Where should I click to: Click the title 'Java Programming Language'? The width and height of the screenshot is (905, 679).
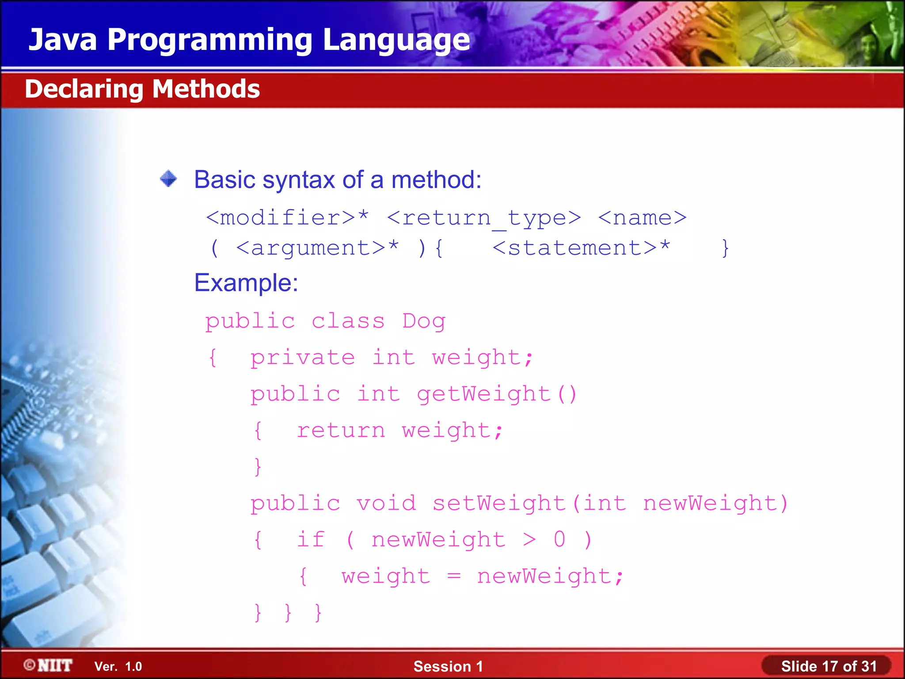(249, 40)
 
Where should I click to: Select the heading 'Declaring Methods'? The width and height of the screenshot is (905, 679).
(142, 89)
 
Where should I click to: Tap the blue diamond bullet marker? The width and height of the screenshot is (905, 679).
(168, 179)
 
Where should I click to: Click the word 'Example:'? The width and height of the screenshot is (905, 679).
(246, 283)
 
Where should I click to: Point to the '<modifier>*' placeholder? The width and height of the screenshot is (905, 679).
(287, 218)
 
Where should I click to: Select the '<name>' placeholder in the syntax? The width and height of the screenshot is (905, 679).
(642, 218)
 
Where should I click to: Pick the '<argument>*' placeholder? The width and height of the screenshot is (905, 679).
(317, 248)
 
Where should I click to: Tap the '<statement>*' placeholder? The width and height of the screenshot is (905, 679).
(581, 248)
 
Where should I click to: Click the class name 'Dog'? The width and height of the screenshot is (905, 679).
(424, 321)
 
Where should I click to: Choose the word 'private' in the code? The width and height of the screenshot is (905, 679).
(303, 358)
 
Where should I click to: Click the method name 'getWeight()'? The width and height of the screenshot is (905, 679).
(497, 394)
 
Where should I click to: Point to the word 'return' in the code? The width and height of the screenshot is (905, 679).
(341, 431)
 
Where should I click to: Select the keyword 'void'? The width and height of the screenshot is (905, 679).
(386, 504)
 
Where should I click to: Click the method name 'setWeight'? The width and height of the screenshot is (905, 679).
(499, 504)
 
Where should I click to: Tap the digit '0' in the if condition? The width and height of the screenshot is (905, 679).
(559, 540)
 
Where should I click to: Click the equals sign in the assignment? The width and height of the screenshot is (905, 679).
(454, 576)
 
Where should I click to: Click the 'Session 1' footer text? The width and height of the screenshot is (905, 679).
(448, 666)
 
